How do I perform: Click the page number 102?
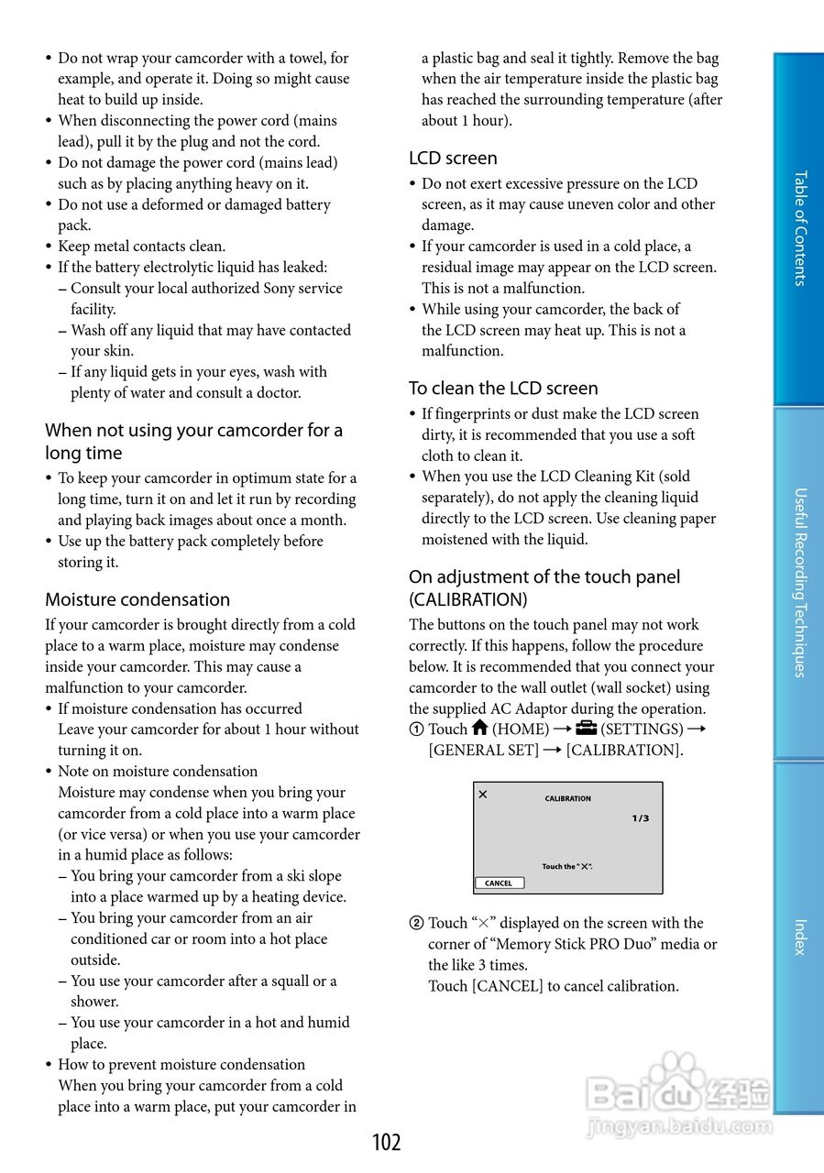point(387,1142)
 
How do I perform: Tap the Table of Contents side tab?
point(799,229)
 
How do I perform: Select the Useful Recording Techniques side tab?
point(799,582)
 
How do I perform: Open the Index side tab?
point(799,937)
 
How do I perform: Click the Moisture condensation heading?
point(137,599)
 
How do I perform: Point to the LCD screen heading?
point(453,159)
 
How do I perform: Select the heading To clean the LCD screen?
point(503,389)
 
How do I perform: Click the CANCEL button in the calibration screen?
point(500,883)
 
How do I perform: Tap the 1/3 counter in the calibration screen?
point(640,818)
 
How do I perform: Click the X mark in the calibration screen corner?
point(483,795)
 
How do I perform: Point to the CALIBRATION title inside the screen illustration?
point(568,798)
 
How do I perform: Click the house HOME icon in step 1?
point(479,729)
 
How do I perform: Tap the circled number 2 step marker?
point(416,924)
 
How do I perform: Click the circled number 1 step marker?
point(416,729)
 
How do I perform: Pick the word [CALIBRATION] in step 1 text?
point(624,751)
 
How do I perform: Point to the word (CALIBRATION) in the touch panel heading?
point(468,600)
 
